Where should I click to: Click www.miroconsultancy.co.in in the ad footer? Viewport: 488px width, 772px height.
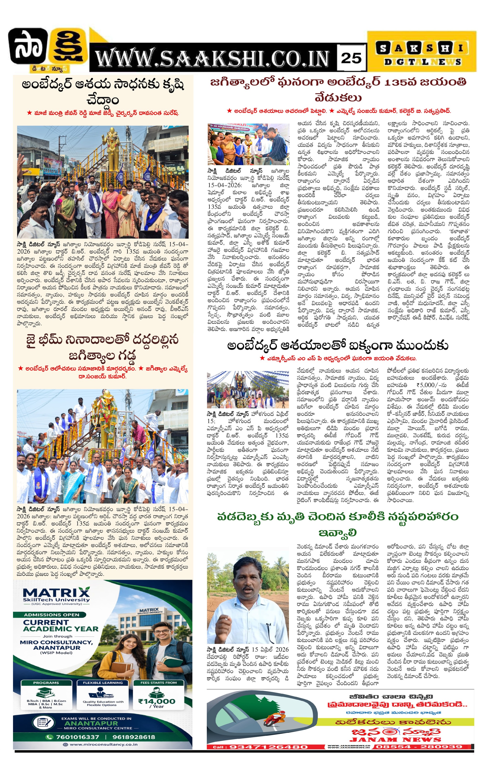(x=103, y=745)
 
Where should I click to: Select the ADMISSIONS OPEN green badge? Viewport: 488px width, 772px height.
(x=52, y=615)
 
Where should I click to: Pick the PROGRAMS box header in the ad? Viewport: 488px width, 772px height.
(x=46, y=683)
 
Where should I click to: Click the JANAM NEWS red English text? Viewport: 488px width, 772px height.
(x=395, y=740)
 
